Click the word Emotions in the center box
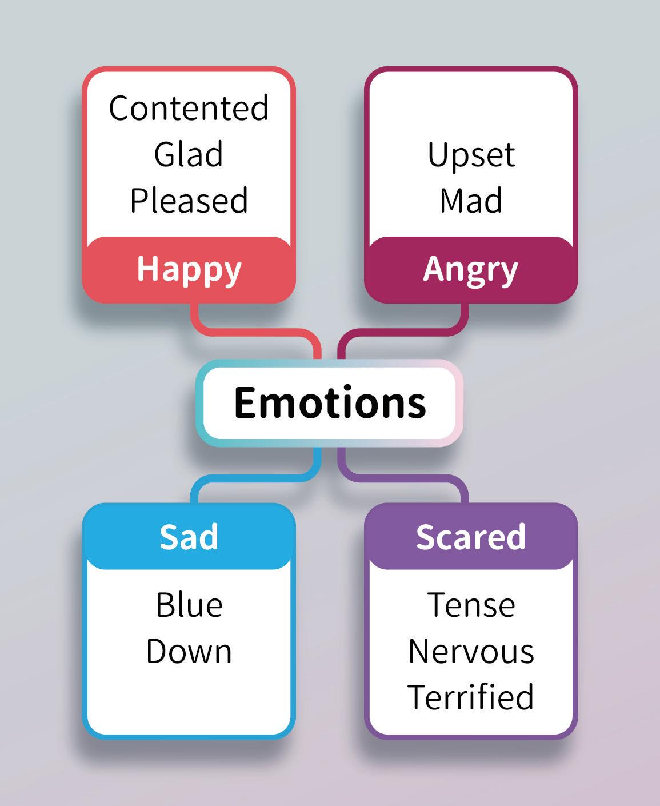pyautogui.click(x=330, y=402)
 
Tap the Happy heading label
pyautogui.click(x=189, y=269)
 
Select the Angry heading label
pyautogui.click(x=470, y=269)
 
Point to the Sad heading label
pyautogui.click(x=189, y=537)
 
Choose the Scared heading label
pyautogui.click(x=470, y=537)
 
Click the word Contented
pyautogui.click(x=189, y=108)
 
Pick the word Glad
pyautogui.click(x=189, y=154)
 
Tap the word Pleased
pyautogui.click(x=189, y=201)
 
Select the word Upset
pyautogui.click(x=471, y=155)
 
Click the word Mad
pyautogui.click(x=471, y=201)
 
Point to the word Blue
pyautogui.click(x=189, y=605)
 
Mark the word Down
pyautogui.click(x=189, y=651)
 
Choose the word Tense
pyautogui.click(x=471, y=605)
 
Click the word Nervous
pyautogui.click(x=471, y=651)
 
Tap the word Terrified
pyautogui.click(x=471, y=697)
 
